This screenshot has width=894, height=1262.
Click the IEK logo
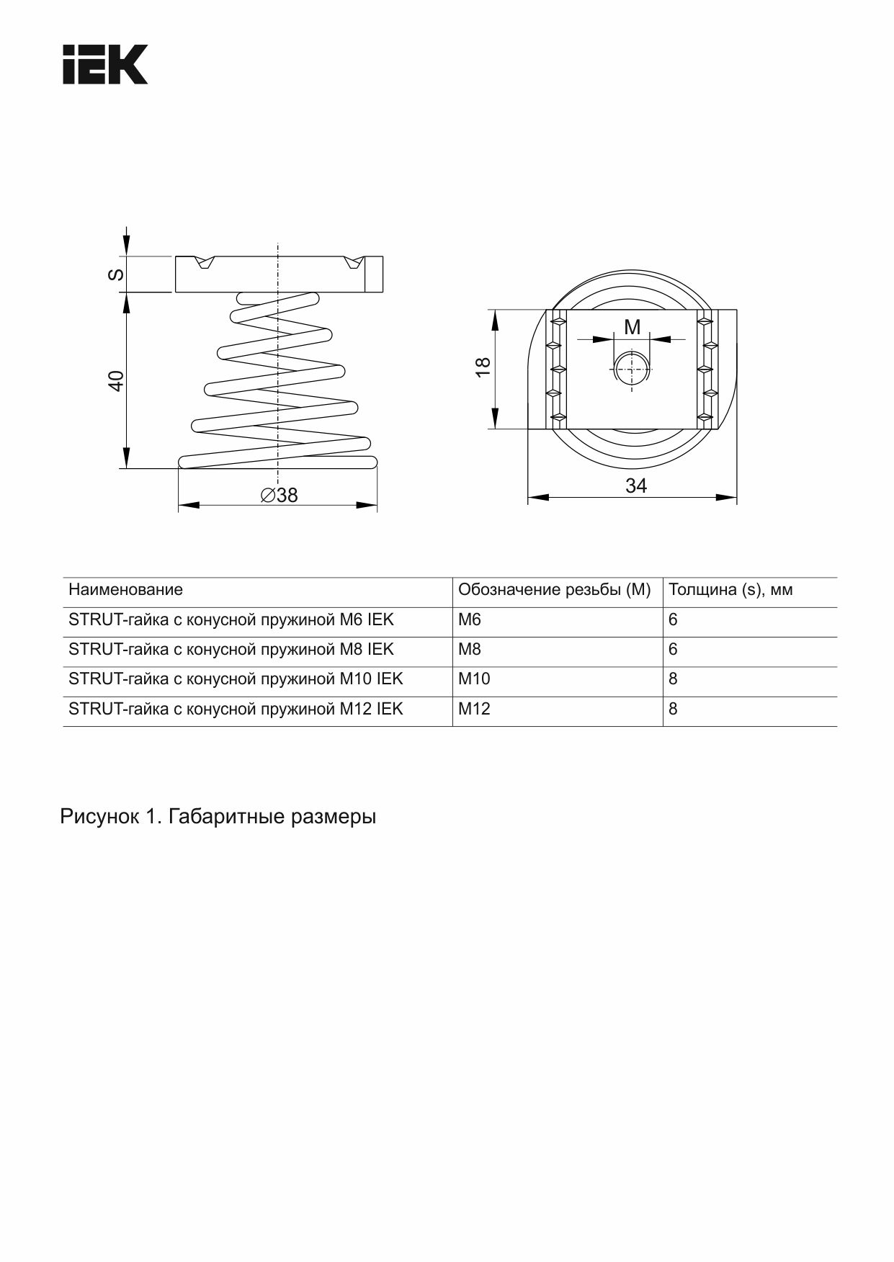pos(105,64)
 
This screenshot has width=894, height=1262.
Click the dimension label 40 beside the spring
pos(116,380)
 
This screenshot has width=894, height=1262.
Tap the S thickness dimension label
pos(116,274)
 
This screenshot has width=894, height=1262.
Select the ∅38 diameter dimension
pos(279,496)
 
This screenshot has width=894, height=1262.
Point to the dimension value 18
pos(483,366)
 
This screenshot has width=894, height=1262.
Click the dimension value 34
pos(636,486)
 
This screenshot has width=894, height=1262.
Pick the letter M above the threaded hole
pos(632,327)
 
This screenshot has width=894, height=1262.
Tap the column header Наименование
pos(125,590)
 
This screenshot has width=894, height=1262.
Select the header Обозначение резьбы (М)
pos(555,590)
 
